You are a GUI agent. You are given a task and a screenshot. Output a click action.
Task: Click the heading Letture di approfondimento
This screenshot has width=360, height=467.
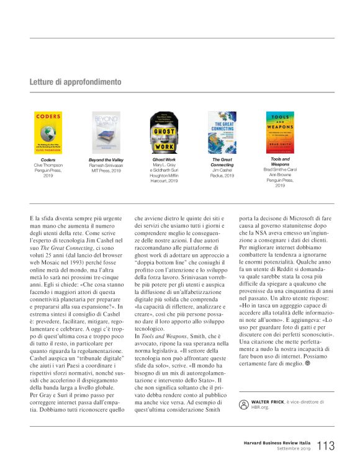75,82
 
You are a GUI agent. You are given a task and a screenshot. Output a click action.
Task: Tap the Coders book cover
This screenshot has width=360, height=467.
47,133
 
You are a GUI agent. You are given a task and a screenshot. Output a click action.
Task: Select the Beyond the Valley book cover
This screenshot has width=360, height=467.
106,133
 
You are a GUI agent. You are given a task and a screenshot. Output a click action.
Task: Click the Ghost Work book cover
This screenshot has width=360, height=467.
164,133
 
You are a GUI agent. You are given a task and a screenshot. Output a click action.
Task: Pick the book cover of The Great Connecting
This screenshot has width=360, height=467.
222,133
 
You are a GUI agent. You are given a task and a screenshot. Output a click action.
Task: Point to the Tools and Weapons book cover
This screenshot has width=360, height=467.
280,133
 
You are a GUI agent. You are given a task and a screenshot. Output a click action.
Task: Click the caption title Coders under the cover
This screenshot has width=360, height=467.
48,160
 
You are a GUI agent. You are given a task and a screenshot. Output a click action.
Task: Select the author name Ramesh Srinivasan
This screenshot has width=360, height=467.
106,166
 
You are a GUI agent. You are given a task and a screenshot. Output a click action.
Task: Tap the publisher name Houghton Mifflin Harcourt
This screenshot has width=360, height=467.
164,178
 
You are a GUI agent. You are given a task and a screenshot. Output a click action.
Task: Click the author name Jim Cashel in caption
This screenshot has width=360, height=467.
222,170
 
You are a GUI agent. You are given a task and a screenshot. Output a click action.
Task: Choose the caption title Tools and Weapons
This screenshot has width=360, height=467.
280,162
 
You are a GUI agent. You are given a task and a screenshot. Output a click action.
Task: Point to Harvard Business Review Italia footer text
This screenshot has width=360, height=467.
277,442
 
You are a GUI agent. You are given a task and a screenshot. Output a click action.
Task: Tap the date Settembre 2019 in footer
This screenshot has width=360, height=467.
292,449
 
